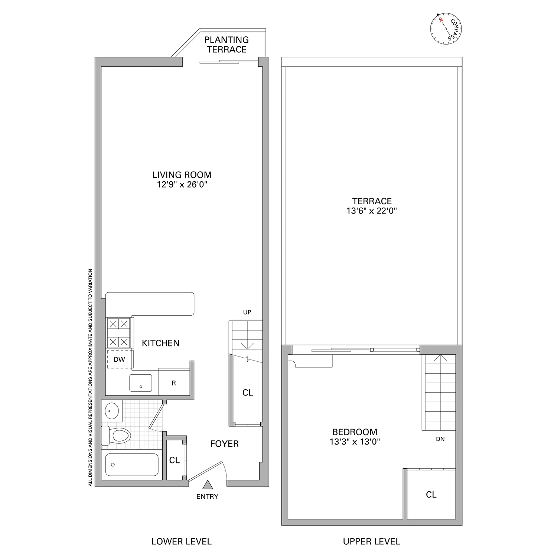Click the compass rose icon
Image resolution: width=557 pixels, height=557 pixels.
(x=446, y=28)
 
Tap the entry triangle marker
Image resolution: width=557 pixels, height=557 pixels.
(x=208, y=485)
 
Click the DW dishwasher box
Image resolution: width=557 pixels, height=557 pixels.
(x=120, y=359)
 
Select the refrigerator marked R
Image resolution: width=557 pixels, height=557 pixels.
(x=174, y=383)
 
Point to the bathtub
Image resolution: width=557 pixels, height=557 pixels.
(x=131, y=465)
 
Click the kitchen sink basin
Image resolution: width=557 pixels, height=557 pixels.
(x=141, y=383)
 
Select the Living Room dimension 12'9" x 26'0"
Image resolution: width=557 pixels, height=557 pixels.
(x=182, y=185)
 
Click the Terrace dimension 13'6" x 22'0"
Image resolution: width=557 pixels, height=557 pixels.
(x=372, y=211)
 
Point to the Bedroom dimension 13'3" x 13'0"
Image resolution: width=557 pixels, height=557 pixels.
(x=355, y=442)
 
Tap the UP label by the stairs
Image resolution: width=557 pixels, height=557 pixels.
(x=247, y=312)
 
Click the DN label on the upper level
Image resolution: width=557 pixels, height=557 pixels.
(x=440, y=439)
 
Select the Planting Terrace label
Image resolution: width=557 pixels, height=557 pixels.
(x=227, y=45)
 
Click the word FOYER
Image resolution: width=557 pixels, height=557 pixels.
(x=224, y=444)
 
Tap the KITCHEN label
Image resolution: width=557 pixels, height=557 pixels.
(x=161, y=343)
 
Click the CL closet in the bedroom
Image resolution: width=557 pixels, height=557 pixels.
(x=431, y=494)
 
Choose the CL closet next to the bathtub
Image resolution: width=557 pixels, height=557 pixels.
(x=175, y=460)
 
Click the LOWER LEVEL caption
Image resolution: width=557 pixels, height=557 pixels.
(x=182, y=541)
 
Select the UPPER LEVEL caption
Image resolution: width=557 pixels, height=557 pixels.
(x=372, y=541)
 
